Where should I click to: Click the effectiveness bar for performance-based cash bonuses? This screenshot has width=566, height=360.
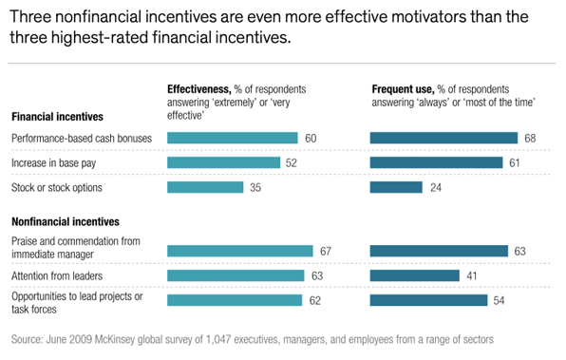(233, 139)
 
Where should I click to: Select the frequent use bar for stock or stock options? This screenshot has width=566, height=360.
(395, 187)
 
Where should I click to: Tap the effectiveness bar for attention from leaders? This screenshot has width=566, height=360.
(236, 275)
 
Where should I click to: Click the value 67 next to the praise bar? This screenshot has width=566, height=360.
(325, 251)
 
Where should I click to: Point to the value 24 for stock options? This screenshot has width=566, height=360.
(434, 187)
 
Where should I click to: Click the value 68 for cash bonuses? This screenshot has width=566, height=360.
(530, 139)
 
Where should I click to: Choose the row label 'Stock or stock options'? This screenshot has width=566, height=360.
(57, 187)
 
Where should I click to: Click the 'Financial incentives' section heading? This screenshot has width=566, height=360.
(57, 117)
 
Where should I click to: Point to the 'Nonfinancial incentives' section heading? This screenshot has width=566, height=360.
(65, 221)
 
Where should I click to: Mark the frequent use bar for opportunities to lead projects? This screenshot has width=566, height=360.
(428, 300)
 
